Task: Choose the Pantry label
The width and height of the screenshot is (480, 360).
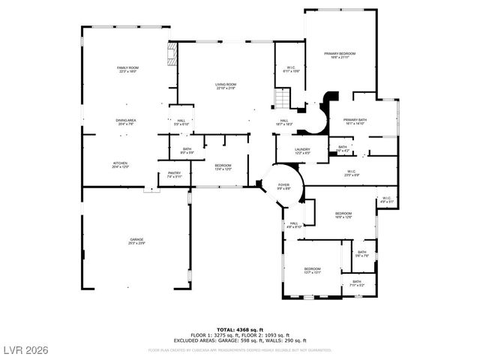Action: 174,175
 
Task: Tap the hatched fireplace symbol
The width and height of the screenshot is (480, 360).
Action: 172,55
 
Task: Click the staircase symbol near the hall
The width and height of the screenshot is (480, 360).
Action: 282,97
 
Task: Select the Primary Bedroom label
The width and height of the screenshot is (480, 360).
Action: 339,55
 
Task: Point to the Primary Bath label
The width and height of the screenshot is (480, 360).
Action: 354,121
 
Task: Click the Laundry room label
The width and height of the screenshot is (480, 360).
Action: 302,151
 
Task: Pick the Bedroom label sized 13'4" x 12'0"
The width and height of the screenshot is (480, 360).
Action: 223,166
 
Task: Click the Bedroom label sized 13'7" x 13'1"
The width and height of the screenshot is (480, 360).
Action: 312,270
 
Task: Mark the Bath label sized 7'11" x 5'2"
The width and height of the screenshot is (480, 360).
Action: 356,283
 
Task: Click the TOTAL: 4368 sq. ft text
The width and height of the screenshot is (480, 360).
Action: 241,329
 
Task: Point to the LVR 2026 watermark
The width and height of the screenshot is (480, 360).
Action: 25,349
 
